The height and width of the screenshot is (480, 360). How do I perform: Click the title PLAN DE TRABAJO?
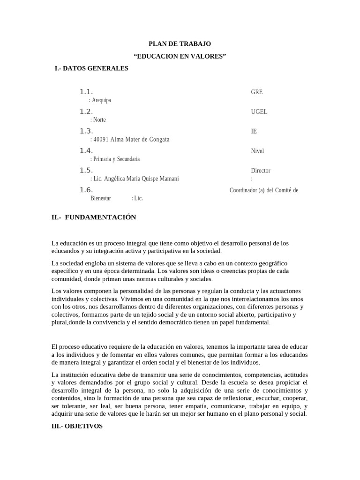click(180, 44)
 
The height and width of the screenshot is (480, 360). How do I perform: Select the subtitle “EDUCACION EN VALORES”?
click(180, 56)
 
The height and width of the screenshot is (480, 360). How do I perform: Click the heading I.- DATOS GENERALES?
click(91, 68)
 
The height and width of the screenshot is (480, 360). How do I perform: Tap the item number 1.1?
click(86, 92)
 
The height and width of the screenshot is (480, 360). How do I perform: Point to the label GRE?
click(257, 92)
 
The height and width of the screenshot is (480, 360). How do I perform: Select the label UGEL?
click(259, 112)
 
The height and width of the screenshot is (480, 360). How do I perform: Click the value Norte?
click(98, 120)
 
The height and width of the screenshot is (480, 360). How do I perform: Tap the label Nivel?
click(257, 151)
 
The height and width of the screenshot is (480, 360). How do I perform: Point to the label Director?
click(261, 171)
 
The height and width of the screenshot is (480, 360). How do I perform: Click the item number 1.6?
click(86, 190)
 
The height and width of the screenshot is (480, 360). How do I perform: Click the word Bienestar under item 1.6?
click(101, 198)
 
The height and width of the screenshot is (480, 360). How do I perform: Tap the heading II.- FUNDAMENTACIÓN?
click(94, 217)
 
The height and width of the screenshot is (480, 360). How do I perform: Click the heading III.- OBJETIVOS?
click(77, 427)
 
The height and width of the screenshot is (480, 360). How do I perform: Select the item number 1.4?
click(86, 150)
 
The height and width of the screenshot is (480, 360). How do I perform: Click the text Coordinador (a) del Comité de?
click(263, 190)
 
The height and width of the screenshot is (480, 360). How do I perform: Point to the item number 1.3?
click(86, 131)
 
